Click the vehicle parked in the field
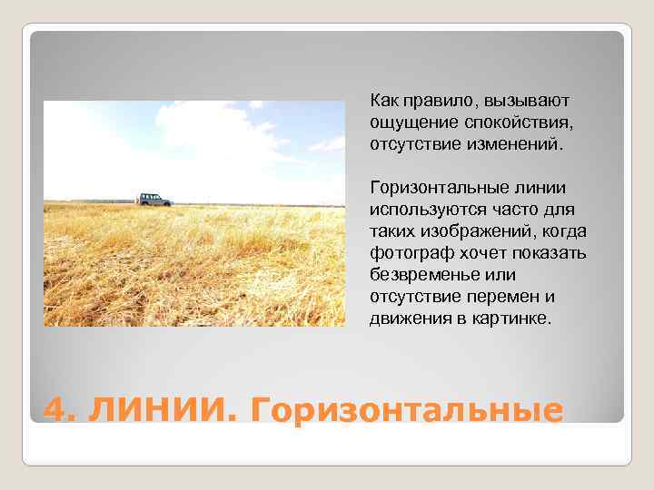(x=154, y=199)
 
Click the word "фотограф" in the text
(x=405, y=252)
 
